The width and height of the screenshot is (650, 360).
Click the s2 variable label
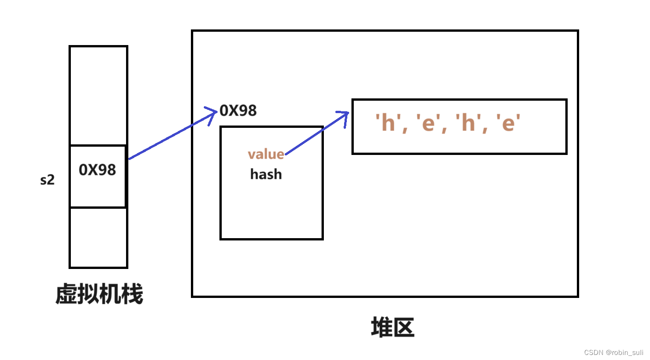click(x=47, y=180)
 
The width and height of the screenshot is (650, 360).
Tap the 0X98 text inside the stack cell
click(x=98, y=170)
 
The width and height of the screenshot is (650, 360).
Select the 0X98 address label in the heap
click(x=238, y=110)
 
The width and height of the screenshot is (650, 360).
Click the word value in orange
click(x=266, y=154)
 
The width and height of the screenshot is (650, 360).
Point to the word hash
click(x=266, y=174)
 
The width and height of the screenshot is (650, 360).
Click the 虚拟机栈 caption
click(x=99, y=294)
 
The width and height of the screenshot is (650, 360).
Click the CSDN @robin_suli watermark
click(x=614, y=353)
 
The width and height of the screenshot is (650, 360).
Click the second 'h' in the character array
click(x=468, y=123)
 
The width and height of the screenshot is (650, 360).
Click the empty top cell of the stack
click(x=98, y=96)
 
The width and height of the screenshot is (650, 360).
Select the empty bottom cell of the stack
click(x=98, y=237)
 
